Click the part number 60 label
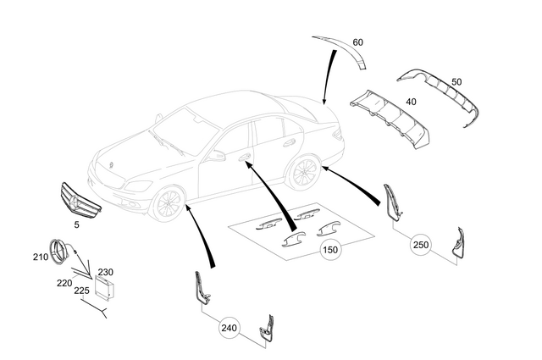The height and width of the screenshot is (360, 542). tap(357, 42)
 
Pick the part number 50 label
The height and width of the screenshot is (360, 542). tap(456, 81)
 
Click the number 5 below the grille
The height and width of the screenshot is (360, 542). tap(77, 225)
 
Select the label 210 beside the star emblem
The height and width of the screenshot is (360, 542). tap(41, 257)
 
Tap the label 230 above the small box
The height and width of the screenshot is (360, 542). tap(105, 272)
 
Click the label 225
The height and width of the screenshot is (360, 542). tap(81, 290)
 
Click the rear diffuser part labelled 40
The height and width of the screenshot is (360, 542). tap(390, 116)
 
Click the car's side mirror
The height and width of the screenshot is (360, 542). tap(218, 156)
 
